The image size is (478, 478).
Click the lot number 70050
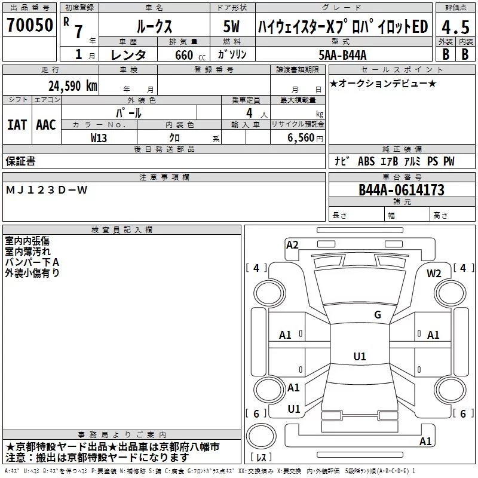(30, 26)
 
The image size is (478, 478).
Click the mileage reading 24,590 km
(72, 85)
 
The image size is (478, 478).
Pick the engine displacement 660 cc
(180, 55)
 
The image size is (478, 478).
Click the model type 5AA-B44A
(342, 55)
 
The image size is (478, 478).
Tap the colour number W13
(99, 138)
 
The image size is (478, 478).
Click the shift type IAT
(17, 125)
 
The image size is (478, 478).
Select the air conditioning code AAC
(46, 125)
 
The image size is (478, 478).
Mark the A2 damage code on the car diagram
(292, 244)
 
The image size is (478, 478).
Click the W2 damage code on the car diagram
(434, 274)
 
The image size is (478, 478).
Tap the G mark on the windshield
(377, 314)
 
